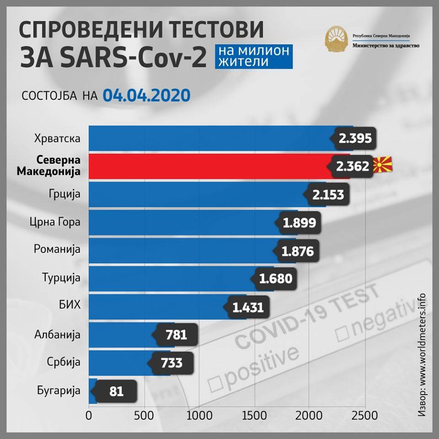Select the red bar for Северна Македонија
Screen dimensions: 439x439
(206, 166)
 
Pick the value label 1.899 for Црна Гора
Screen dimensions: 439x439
(299, 223)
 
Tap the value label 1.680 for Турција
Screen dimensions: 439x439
(275, 278)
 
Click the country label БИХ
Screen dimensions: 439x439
(70, 306)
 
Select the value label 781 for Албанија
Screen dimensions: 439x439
(177, 335)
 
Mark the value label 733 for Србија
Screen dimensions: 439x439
(171, 363)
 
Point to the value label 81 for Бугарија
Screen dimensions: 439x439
(116, 391)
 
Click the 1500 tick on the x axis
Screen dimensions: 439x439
(254, 416)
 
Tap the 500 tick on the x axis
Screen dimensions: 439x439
(145, 416)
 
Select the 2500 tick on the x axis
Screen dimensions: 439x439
(364, 416)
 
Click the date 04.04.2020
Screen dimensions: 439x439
(146, 95)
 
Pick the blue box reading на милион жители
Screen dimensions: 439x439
(253, 56)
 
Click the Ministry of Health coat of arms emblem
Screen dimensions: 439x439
(336, 40)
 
